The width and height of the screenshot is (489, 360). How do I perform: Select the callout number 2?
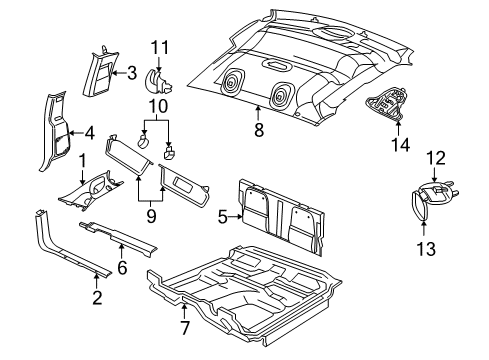[x=97, y=296]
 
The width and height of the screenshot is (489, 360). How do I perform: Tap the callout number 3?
[x=131, y=71]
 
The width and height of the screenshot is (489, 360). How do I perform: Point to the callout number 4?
[x=89, y=132]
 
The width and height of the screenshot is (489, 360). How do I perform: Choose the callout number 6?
[x=124, y=267]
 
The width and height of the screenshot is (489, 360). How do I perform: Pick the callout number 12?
[x=436, y=157]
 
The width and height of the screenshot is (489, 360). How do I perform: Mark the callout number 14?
[x=400, y=144]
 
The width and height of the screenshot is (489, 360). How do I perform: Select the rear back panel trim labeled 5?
[x=285, y=216]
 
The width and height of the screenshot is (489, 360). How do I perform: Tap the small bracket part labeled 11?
[x=158, y=80]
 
